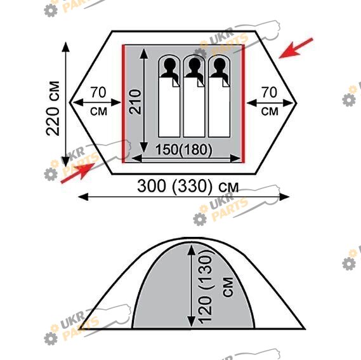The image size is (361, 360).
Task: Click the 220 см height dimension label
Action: (x=53, y=109)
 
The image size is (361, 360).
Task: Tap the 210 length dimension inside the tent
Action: (x=135, y=102)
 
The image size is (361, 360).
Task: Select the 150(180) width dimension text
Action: (x=184, y=149)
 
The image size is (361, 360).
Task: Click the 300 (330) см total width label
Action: (x=188, y=186)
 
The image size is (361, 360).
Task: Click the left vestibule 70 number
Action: (x=98, y=92)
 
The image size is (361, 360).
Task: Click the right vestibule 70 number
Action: (x=269, y=92)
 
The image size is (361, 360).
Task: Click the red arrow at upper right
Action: (x=296, y=48)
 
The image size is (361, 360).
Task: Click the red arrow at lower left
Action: (x=78, y=173)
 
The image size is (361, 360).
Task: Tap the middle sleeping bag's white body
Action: (x=194, y=108)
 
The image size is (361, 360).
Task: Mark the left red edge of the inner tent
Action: (x=124, y=103)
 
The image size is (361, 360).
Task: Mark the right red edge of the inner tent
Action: (x=243, y=103)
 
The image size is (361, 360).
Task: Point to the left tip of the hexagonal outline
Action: (x=70, y=102)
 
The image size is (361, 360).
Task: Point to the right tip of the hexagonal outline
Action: (x=296, y=102)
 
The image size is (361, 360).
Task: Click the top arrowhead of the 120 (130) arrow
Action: (x=192, y=250)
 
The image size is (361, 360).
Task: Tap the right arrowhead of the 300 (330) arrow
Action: (x=284, y=197)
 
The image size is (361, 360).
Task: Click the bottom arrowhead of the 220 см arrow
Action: (x=66, y=161)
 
